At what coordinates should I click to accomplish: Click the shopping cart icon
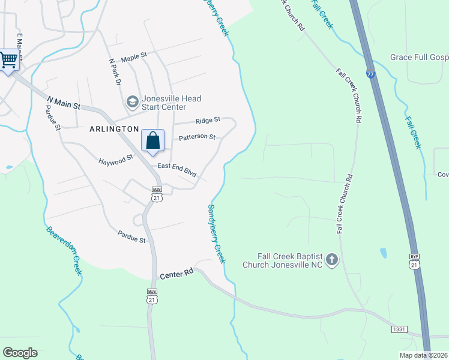click(x=9, y=60)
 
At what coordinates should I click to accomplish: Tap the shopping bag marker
click(x=153, y=141)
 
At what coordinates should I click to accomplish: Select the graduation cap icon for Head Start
click(x=132, y=103)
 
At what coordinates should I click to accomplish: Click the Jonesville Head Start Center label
click(x=171, y=103)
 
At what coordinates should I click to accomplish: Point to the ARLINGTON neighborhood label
click(x=114, y=129)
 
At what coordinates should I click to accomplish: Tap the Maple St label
click(x=134, y=58)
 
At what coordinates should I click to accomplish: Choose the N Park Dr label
click(x=115, y=71)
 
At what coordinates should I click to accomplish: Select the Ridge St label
click(x=208, y=120)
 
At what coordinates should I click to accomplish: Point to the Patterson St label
click(x=197, y=137)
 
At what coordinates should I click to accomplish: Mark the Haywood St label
click(x=116, y=160)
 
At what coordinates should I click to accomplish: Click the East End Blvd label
click(x=177, y=169)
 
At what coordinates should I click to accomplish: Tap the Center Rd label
click(x=176, y=274)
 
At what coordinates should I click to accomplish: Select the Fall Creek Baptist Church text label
click(x=282, y=260)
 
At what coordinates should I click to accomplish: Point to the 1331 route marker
click(x=400, y=329)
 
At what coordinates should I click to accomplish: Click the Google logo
click(x=20, y=353)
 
